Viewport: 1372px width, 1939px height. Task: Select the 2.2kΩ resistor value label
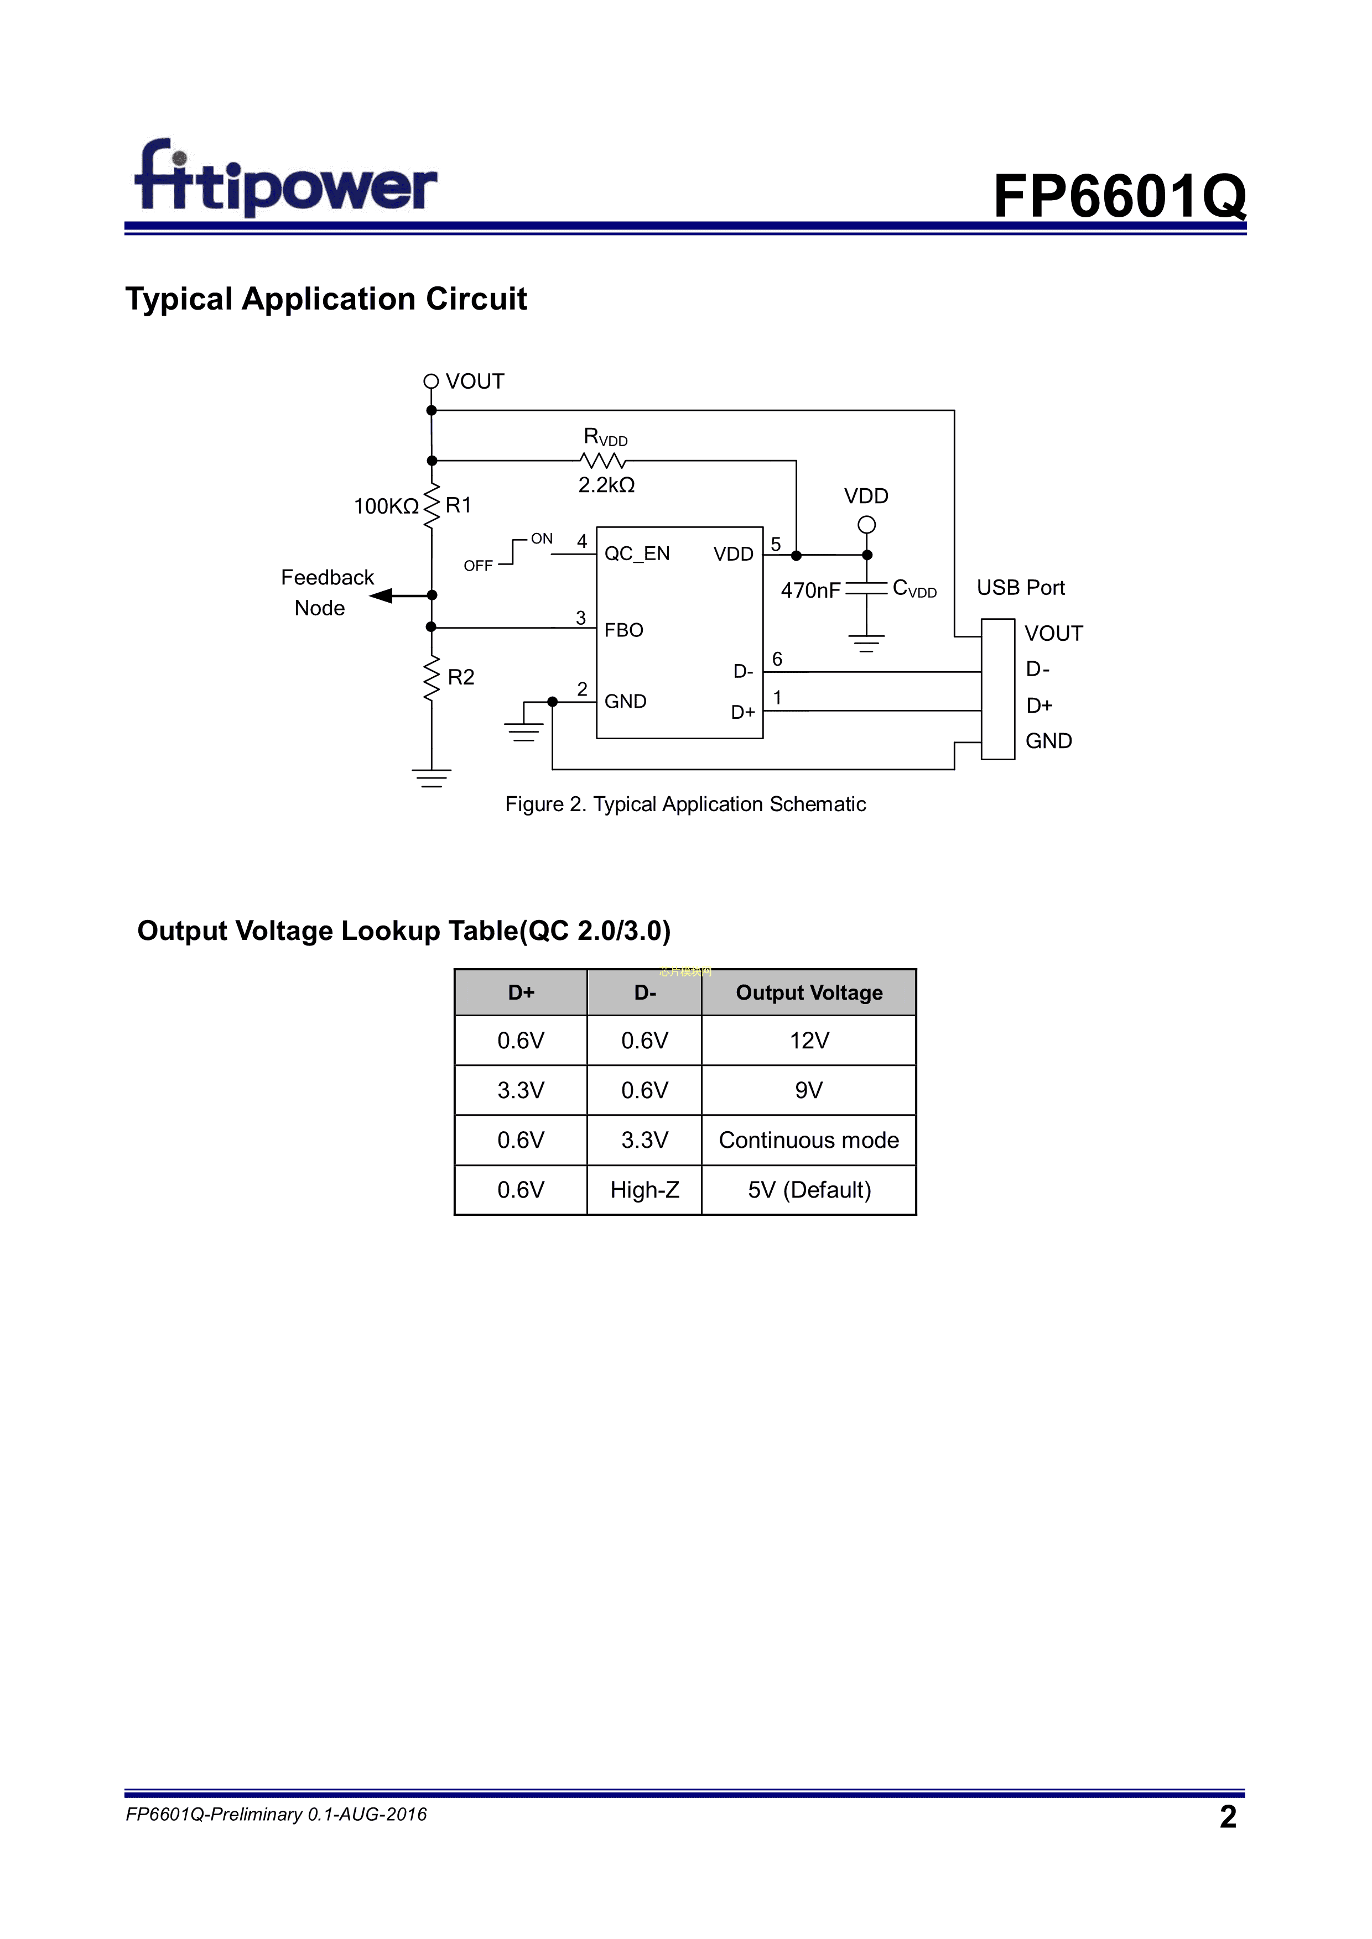click(606, 485)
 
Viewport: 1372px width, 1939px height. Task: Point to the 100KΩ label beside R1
click(386, 506)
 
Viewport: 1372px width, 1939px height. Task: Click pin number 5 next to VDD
click(776, 544)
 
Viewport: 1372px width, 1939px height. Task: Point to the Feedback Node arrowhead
click(382, 595)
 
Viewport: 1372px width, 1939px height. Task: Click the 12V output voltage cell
click(808, 1041)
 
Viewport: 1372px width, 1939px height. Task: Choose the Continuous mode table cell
click(808, 1140)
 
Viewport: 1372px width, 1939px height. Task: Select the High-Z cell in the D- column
click(645, 1190)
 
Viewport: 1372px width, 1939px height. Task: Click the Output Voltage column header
click(808, 992)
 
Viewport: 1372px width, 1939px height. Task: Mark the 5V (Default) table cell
click(808, 1190)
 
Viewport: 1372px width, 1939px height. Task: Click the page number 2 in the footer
click(1228, 1816)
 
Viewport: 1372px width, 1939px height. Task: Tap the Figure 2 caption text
click(685, 804)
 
